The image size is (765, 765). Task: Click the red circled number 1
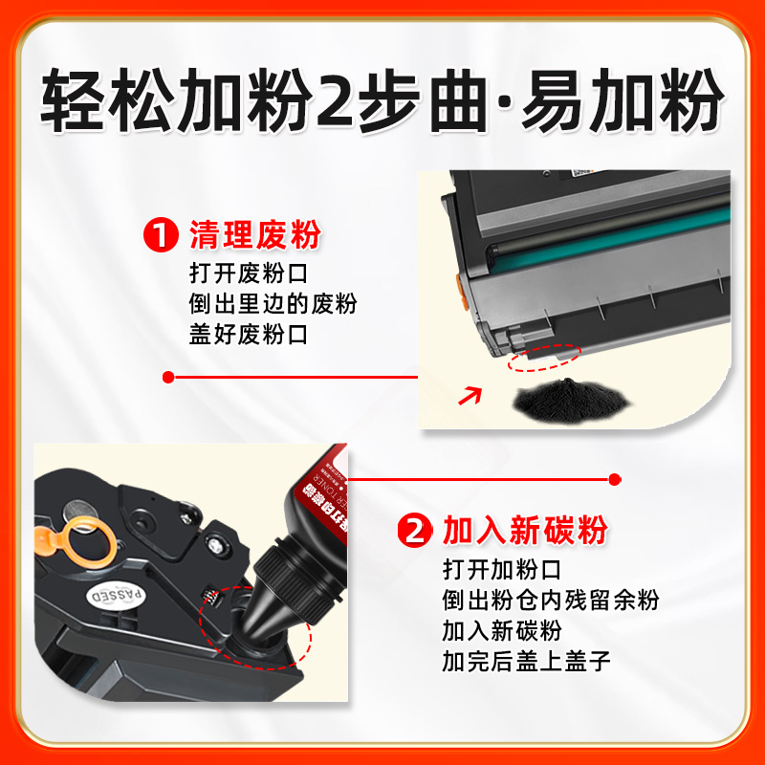[x=159, y=235]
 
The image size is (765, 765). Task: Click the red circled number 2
[x=414, y=531]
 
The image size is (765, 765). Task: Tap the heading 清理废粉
[x=254, y=235]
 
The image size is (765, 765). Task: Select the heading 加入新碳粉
[x=525, y=531]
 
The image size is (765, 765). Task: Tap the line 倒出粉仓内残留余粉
[x=550, y=601]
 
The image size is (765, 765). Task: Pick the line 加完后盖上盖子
[x=525, y=661]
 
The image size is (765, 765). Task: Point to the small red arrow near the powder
[x=471, y=393]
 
